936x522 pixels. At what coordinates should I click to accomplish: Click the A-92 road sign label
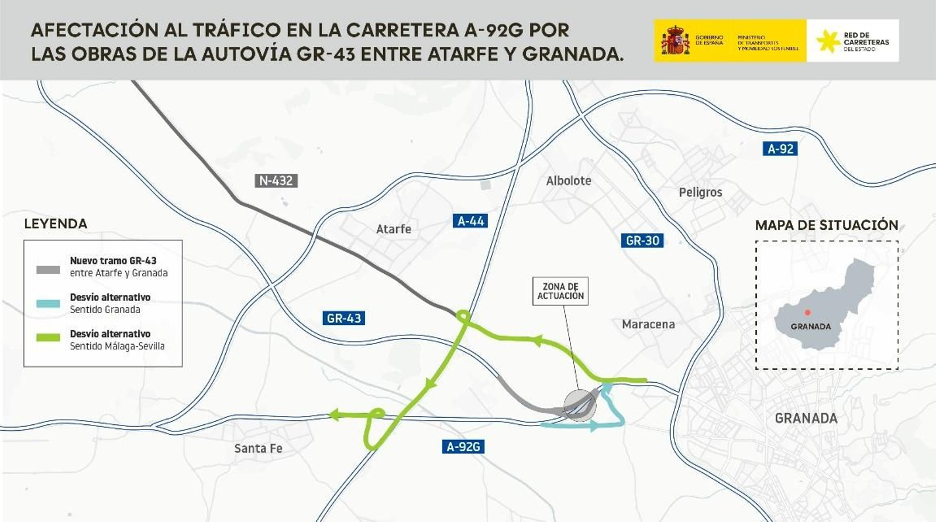pyautogui.click(x=780, y=149)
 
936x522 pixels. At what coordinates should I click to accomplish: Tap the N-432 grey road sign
pyautogui.click(x=276, y=181)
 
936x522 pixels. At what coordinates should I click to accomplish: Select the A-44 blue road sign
pyautogui.click(x=470, y=221)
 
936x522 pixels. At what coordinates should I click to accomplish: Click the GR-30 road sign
pyautogui.click(x=642, y=241)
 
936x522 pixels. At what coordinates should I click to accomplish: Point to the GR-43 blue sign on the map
pyautogui.click(x=343, y=318)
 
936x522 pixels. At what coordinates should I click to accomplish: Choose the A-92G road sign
pyautogui.click(x=463, y=447)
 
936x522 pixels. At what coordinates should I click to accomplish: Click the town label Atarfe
pyautogui.click(x=393, y=229)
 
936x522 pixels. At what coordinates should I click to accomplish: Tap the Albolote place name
pyautogui.click(x=568, y=181)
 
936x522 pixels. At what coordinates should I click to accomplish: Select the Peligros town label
pyautogui.click(x=700, y=193)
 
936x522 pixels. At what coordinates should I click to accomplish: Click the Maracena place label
pyautogui.click(x=648, y=324)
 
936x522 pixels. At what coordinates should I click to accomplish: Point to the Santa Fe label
pyautogui.click(x=258, y=449)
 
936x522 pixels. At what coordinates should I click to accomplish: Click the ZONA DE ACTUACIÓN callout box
pyautogui.click(x=560, y=291)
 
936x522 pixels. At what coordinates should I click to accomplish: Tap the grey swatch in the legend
pyautogui.click(x=48, y=270)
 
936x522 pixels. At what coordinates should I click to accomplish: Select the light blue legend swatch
pyautogui.click(x=48, y=304)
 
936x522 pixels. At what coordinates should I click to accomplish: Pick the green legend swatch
pyautogui.click(x=48, y=338)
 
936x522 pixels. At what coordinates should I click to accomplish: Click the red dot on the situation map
pyautogui.click(x=807, y=313)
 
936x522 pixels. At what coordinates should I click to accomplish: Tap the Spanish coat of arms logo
pyautogui.click(x=675, y=40)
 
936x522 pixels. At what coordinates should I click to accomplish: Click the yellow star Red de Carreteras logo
pyautogui.click(x=828, y=41)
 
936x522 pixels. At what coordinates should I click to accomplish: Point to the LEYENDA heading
pyautogui.click(x=56, y=224)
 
